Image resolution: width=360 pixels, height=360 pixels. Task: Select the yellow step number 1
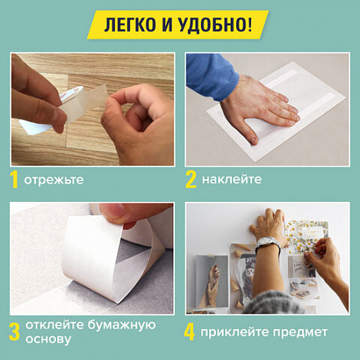pyautogui.click(x=14, y=179)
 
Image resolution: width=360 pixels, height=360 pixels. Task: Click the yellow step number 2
pyautogui.click(x=191, y=179)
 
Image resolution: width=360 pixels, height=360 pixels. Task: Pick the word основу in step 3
pyautogui.click(x=47, y=340)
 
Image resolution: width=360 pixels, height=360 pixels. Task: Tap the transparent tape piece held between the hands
pyautogui.click(x=92, y=105)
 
